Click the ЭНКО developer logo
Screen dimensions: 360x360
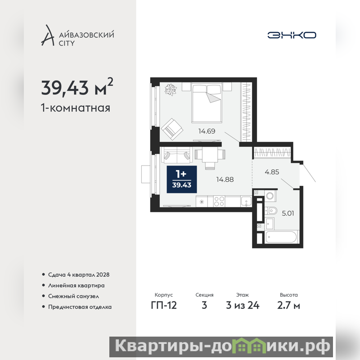click(x=292, y=35)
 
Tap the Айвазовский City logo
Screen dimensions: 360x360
click(x=77, y=36)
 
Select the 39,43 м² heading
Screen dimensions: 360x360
click(x=77, y=87)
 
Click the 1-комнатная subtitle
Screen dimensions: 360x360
click(x=76, y=108)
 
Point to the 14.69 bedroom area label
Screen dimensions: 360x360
click(x=207, y=131)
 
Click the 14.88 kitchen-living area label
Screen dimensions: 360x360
click(x=225, y=179)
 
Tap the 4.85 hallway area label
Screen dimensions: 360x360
click(x=272, y=172)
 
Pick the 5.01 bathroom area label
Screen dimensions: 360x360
click(x=288, y=213)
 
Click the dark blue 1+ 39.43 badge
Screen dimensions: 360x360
click(x=182, y=179)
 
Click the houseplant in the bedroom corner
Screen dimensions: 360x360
click(x=171, y=89)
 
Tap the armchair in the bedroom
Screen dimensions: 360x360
click(x=172, y=129)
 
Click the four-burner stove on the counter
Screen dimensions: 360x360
click(x=219, y=201)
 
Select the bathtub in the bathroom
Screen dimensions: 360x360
click(x=281, y=237)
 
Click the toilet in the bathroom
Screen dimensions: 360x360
click(x=270, y=210)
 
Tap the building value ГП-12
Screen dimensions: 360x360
click(x=164, y=306)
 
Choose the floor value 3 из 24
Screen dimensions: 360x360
click(x=243, y=306)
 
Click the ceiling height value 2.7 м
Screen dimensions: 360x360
click(x=288, y=306)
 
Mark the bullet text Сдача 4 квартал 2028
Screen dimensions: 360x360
click(x=79, y=274)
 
